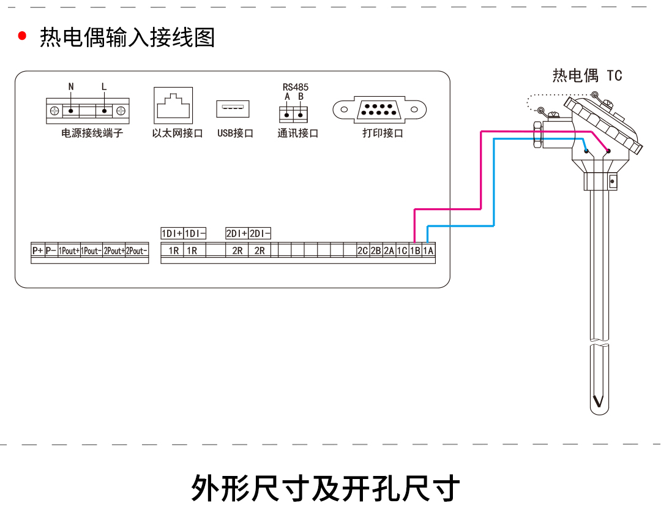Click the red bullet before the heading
point(22,36)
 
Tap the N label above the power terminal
point(71,86)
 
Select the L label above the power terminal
point(103,86)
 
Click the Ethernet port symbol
point(173,106)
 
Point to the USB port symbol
point(233,109)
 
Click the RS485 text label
point(295,87)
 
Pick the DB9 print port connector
point(379,110)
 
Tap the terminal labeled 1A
point(428,251)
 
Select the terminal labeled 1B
point(415,251)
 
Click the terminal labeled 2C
point(362,251)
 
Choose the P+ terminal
point(37,251)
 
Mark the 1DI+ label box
point(172,233)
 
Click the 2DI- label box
point(260,233)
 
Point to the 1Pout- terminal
point(91,251)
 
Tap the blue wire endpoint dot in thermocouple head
point(586,151)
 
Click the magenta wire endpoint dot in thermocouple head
point(608,151)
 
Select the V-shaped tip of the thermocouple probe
point(598,401)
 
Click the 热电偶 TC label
point(587,75)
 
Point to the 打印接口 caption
point(383,133)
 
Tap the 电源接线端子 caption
point(92,133)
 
